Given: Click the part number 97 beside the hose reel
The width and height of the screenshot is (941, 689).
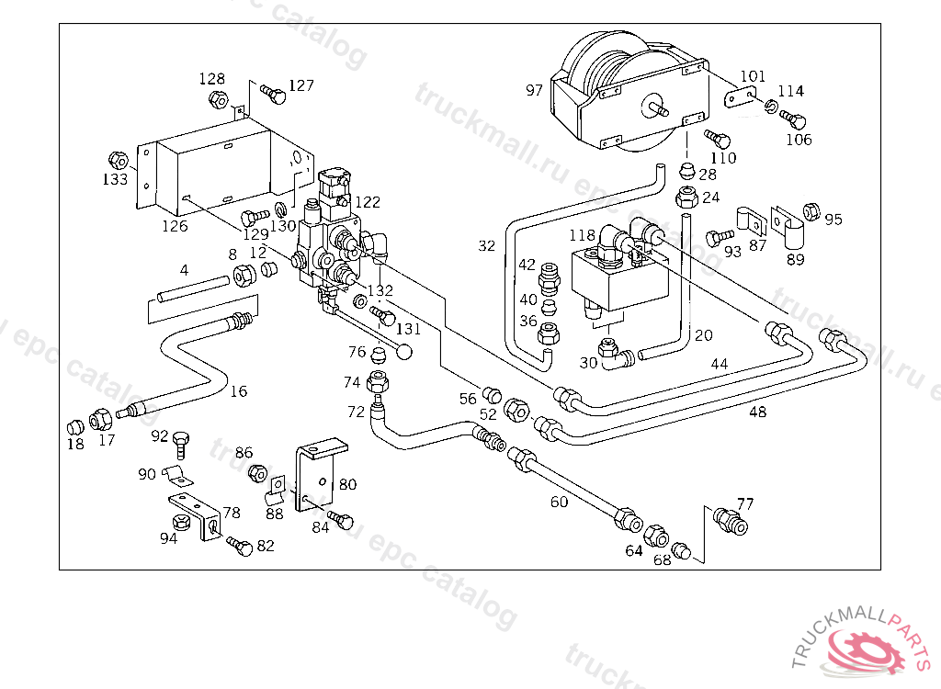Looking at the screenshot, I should point(535,90).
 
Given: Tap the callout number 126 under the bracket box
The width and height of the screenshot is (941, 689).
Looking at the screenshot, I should point(175,226).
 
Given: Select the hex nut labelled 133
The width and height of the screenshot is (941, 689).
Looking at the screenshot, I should point(117,158).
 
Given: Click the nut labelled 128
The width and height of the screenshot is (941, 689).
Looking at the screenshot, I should point(218,98).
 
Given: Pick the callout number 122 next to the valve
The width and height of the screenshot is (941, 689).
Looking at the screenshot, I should point(368,202).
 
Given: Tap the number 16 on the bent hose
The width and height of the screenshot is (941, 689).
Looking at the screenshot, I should point(239,391).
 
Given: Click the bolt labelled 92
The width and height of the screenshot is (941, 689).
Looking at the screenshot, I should point(182,442).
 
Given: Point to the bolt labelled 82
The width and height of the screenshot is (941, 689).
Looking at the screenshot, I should point(240,545).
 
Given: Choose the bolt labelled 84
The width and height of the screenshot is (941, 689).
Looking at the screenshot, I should point(343,520).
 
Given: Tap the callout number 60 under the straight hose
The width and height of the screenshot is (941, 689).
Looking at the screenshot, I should point(559,502).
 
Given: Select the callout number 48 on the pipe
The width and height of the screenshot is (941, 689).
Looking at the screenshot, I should point(757,412).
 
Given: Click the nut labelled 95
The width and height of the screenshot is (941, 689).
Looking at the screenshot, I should point(811,210).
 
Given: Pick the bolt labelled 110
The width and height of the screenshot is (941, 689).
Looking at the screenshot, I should point(719,139).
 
